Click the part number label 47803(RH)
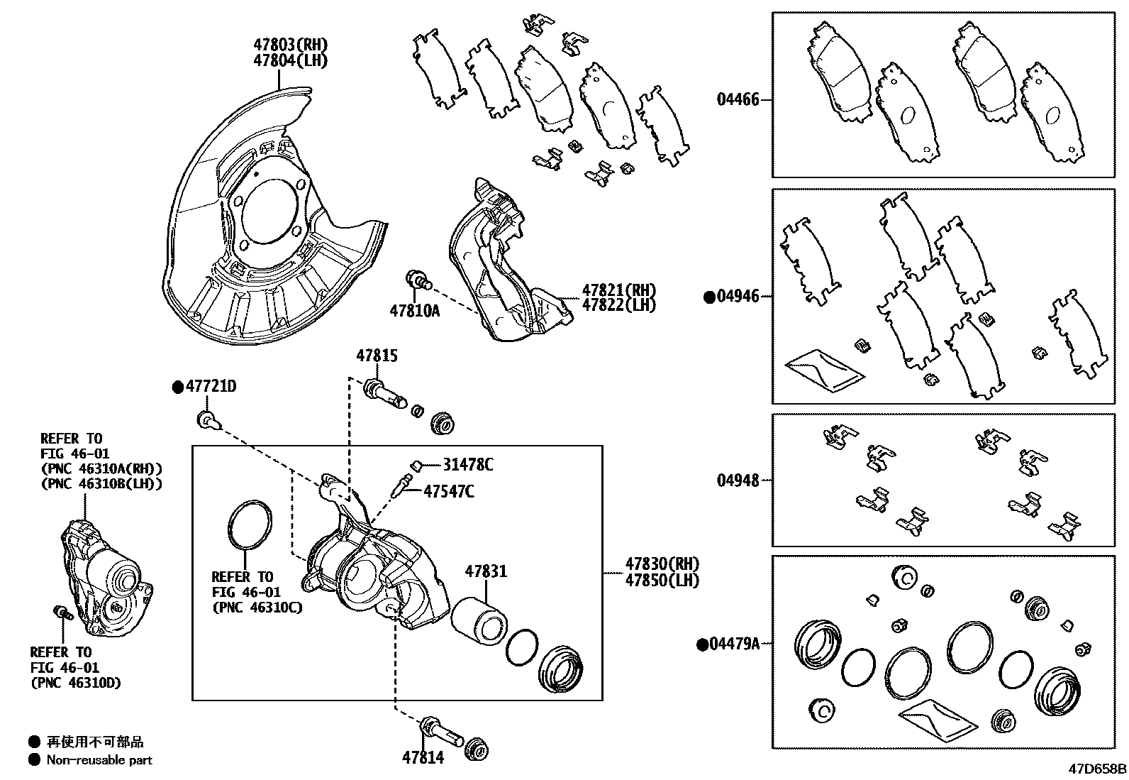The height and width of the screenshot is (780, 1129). tap(291, 44)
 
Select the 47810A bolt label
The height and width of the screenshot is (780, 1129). tap(414, 310)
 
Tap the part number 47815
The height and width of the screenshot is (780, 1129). tap(377, 357)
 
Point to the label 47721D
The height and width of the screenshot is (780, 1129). tap(211, 387)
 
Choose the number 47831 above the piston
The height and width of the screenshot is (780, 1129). tap(486, 571)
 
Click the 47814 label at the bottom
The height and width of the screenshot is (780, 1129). tap(423, 757)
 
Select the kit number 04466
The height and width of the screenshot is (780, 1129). tap(738, 99)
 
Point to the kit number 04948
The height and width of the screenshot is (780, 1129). tap(738, 480)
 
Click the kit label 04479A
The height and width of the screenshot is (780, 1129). tap(735, 644)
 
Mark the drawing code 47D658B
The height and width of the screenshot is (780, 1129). tap(1098, 769)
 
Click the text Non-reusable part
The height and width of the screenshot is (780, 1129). tap(99, 760)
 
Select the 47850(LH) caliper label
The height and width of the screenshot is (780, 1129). tap(662, 580)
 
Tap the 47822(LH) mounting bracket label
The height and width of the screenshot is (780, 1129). tap(618, 305)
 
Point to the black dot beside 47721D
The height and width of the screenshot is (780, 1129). tap(178, 388)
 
